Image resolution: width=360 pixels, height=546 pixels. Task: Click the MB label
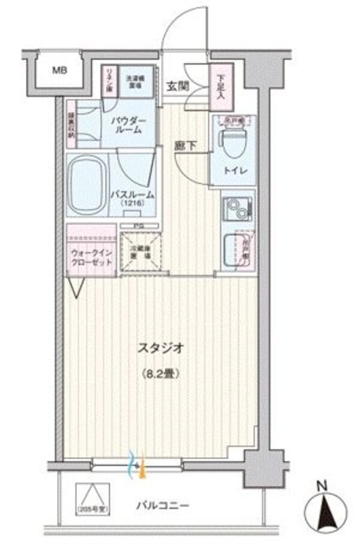[59, 71]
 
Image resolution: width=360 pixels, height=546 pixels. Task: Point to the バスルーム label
[132, 195]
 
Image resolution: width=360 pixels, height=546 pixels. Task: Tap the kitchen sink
[231, 250]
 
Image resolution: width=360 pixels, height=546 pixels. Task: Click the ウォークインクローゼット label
[90, 258]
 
